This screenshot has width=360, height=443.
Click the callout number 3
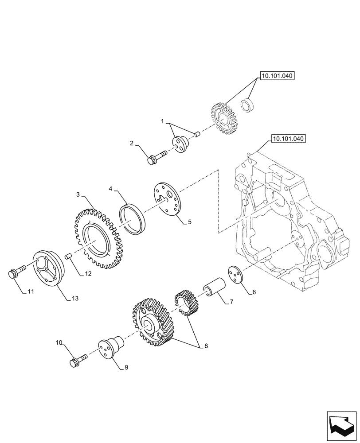(78, 194)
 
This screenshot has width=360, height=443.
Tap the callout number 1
(162, 121)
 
